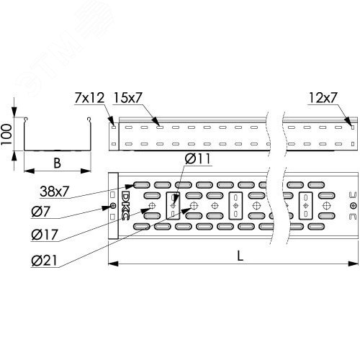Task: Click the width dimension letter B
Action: pos(56,162)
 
